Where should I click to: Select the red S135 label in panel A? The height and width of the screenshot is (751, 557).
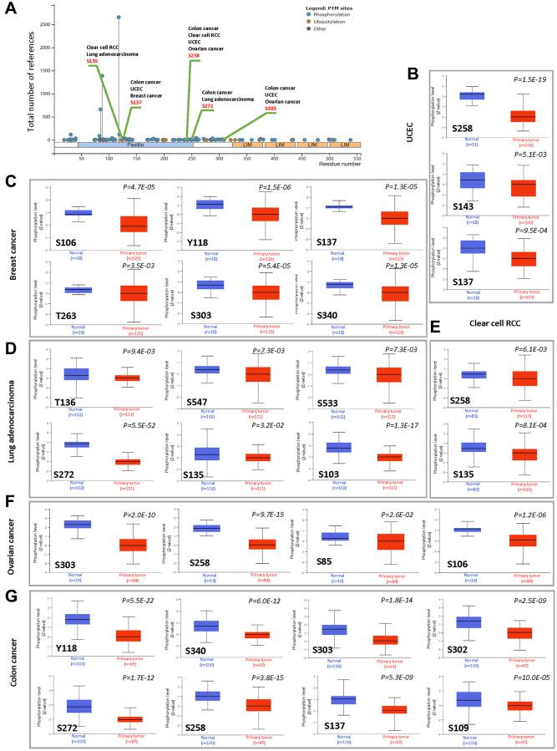click(94, 61)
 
